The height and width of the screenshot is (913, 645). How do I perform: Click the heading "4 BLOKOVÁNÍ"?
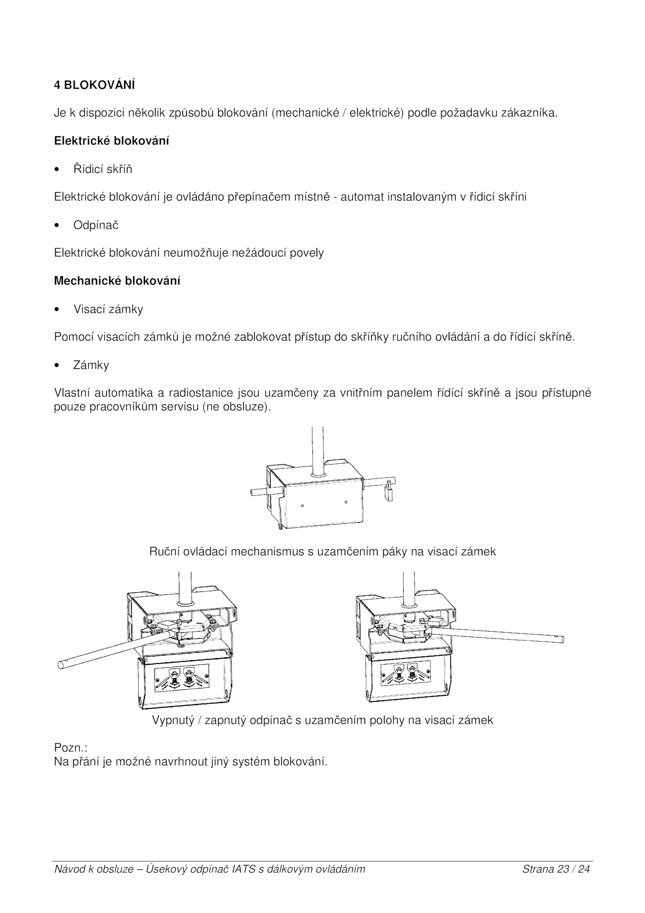click(x=94, y=85)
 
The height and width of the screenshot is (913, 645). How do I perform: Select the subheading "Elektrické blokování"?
click(x=111, y=141)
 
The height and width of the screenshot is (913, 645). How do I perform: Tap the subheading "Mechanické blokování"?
click(x=117, y=281)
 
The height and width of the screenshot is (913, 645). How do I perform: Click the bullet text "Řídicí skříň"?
click(x=102, y=169)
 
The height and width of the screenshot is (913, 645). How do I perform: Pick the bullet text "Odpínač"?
click(x=96, y=225)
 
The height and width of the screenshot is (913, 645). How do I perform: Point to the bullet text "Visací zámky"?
click(x=108, y=309)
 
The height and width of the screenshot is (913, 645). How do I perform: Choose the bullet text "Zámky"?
click(x=91, y=365)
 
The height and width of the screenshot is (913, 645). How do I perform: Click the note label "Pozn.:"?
click(x=71, y=748)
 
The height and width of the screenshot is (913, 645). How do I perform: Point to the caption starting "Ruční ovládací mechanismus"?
click(x=322, y=551)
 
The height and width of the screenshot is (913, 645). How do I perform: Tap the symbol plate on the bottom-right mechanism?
click(x=405, y=674)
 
